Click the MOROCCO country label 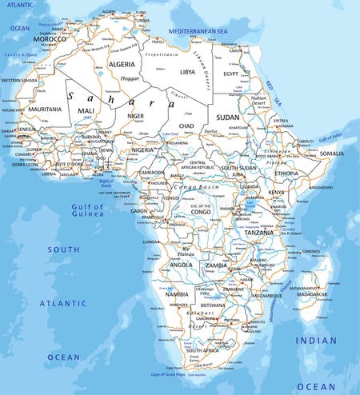coord(50,38)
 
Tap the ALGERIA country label coord(122,64)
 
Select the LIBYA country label coord(187,71)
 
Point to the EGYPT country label coord(230,74)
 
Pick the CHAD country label coord(187,126)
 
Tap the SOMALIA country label coord(332,153)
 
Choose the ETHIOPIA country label coord(286,173)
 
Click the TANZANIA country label coord(258,233)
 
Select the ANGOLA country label coord(180,265)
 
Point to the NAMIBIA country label coord(176,295)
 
